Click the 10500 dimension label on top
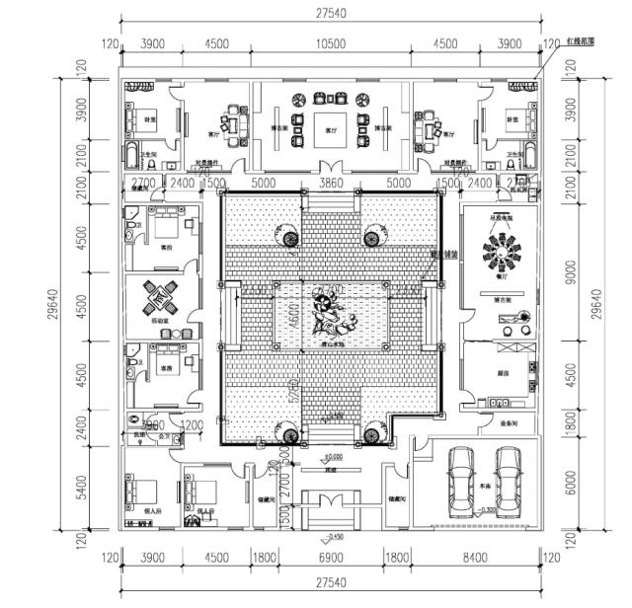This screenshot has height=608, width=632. click(x=329, y=44)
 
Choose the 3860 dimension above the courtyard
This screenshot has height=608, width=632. click(x=330, y=184)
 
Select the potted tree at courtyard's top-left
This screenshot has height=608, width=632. click(x=290, y=237)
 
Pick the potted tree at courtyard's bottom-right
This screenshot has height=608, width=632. click(x=372, y=435)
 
